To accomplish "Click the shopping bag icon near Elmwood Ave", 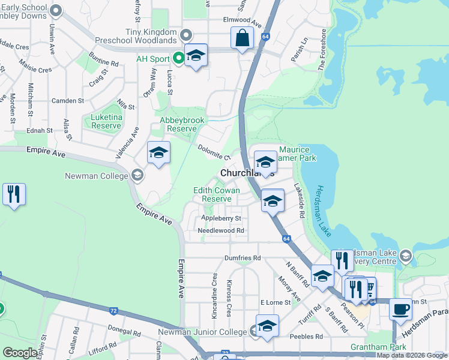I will (x=241, y=38).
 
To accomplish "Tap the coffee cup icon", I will (x=400, y=310).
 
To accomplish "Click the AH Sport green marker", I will (x=178, y=58).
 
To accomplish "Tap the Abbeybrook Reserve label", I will (x=178, y=124).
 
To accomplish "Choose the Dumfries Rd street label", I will (x=243, y=258).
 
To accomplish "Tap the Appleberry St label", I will (x=221, y=218).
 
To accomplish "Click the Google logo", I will (x=20, y=353).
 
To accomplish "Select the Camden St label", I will (x=67, y=101).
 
